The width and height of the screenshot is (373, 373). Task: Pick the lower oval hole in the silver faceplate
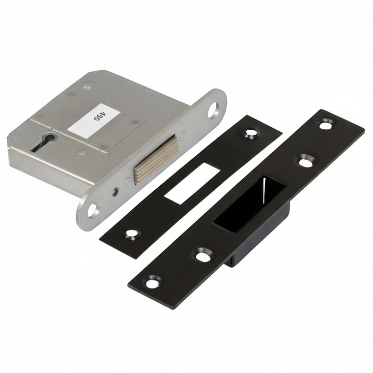click(93, 210)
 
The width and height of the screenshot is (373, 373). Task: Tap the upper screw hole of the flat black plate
click(252, 132)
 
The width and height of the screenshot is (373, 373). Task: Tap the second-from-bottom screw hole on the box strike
click(201, 255)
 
